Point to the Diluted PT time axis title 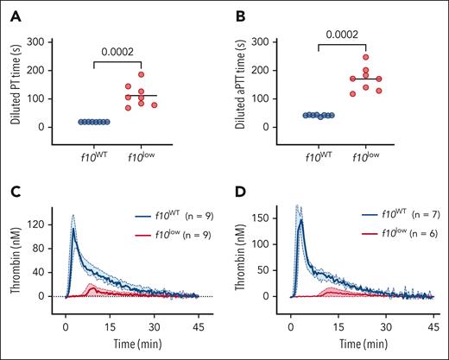point(16,85)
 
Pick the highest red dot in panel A point(141,74)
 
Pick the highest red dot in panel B point(366,57)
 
